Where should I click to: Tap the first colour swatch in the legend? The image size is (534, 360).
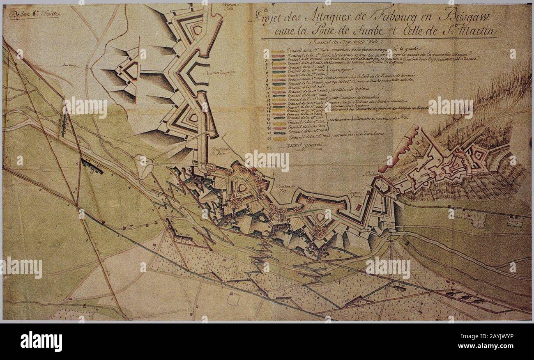click(x=279, y=52)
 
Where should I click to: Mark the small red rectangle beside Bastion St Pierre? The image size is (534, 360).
click(x=359, y=208)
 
